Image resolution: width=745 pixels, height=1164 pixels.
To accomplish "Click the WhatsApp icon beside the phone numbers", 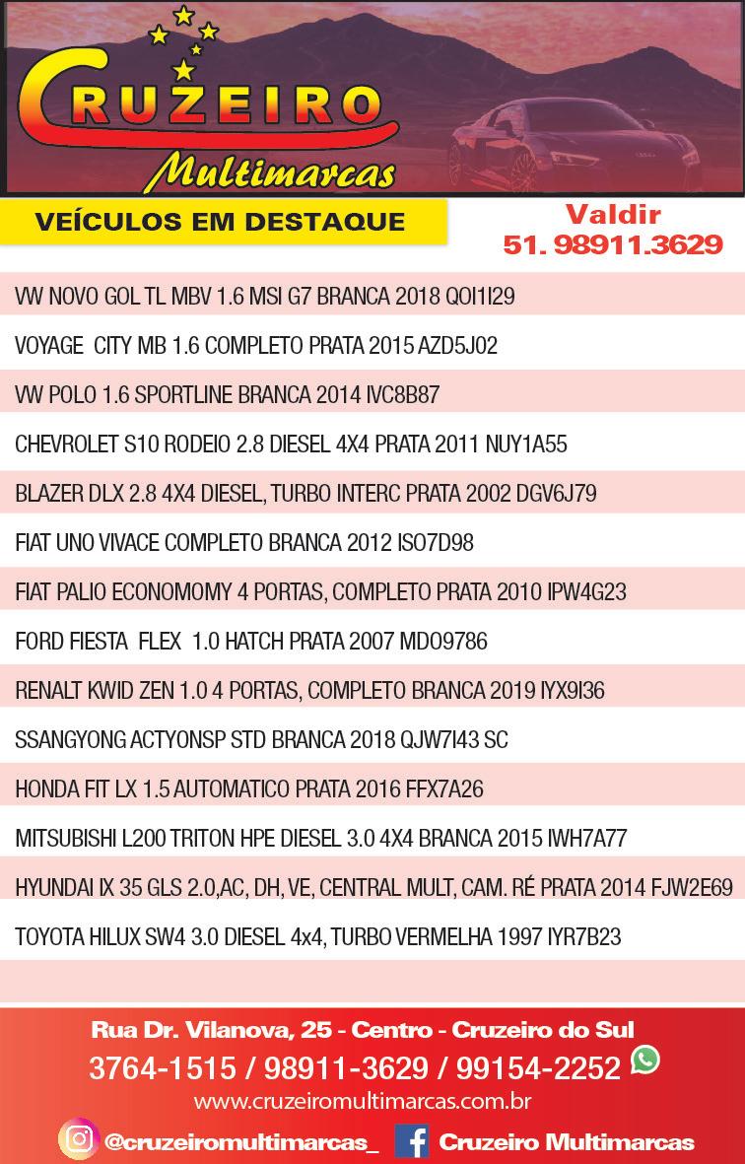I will tap(645, 1061).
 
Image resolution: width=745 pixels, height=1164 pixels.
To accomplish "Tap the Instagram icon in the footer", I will tap(77, 1140).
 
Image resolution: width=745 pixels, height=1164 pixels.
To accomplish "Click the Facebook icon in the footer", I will tap(411, 1141).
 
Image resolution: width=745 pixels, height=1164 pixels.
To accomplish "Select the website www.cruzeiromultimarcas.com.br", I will tap(363, 1100).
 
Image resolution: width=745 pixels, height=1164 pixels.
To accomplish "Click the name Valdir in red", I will tap(612, 214).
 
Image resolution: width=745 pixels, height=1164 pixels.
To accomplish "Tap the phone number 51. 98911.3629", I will tap(612, 244).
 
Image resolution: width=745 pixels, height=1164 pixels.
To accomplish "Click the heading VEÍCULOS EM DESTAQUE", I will tap(220, 221).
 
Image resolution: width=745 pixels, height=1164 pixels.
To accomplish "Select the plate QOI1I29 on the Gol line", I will tap(480, 297).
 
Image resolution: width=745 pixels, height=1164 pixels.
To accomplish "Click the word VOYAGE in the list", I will tap(49, 346).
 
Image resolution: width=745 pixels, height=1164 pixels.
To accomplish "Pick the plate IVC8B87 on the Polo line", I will tap(402, 395).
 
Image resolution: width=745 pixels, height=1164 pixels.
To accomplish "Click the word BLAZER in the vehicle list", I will tap(47, 494).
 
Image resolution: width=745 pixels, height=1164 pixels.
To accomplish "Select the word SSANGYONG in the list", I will tap(70, 740).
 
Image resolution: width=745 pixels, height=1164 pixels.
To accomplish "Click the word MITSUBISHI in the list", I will tap(64, 839).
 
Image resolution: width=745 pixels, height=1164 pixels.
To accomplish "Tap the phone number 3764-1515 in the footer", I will tap(162, 1067).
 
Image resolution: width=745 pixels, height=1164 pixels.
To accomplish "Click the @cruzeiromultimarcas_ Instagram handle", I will tap(240, 1142).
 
